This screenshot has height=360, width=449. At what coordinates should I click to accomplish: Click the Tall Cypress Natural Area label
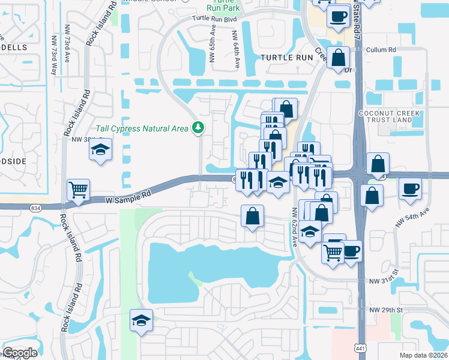(x=142, y=128)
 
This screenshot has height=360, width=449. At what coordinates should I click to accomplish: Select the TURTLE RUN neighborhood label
(x=287, y=58)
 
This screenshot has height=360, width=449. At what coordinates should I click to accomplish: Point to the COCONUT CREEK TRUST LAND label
(x=393, y=116)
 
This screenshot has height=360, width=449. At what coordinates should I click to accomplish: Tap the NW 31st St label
(x=384, y=281)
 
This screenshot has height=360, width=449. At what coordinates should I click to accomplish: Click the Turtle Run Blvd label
(x=215, y=18)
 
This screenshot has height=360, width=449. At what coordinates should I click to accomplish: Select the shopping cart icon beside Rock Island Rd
(x=78, y=190)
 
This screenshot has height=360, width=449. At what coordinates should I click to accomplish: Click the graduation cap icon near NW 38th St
(x=100, y=151)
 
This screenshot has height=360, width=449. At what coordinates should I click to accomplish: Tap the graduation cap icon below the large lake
(x=141, y=320)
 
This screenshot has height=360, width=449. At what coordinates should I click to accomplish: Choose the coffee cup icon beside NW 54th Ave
(x=410, y=188)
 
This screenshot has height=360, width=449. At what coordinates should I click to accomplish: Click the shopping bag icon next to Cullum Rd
(x=338, y=58)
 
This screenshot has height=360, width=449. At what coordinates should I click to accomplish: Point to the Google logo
(x=20, y=353)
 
